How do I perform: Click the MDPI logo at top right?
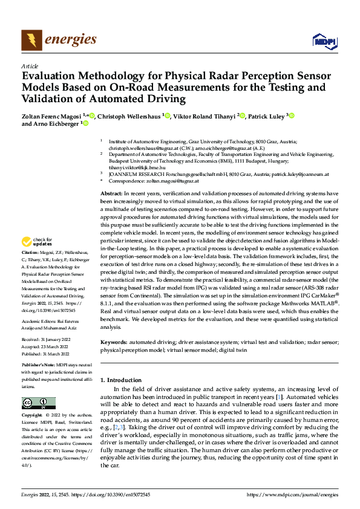pos(324,41)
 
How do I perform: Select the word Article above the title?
pos(30,66)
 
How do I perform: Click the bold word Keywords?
pos(115,342)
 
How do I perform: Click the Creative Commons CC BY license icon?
pos(39,403)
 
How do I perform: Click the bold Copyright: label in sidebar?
pos(34,416)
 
